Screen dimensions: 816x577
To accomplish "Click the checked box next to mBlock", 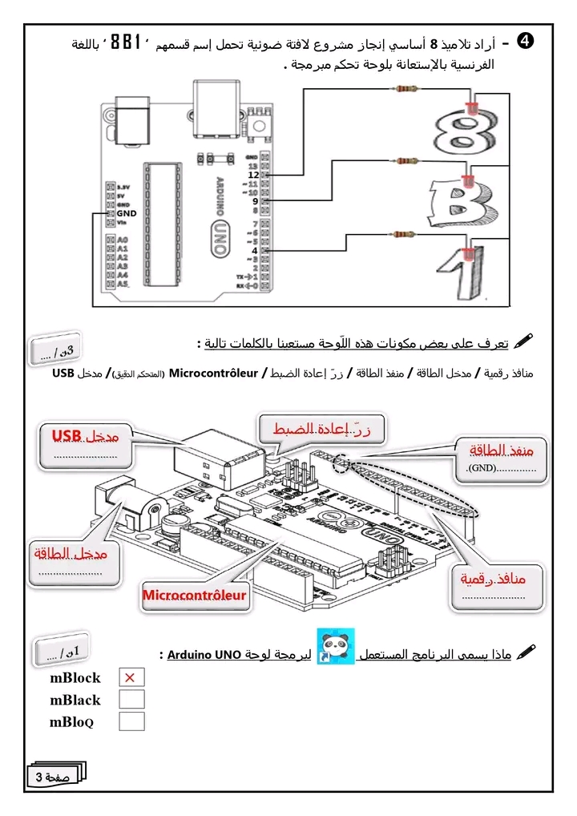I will pos(131,677).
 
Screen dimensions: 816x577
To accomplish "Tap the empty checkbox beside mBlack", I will pos(131,699).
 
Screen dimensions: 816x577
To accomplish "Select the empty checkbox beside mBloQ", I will pos(131,721).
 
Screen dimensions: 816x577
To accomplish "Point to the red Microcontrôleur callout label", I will pos(195,595).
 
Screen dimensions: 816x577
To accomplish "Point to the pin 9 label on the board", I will pos(255,201).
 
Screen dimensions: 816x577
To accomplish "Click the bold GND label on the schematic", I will pos(127,213).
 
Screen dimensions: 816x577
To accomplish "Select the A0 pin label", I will pos(123,240).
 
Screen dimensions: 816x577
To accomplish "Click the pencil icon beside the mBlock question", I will pos(526,653).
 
